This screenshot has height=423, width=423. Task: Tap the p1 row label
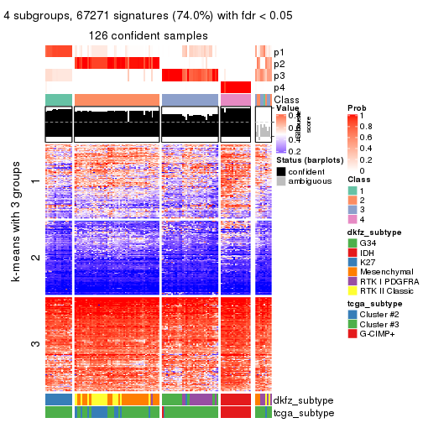(279, 52)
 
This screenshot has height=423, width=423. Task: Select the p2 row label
(279, 64)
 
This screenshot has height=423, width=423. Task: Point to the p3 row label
(279, 76)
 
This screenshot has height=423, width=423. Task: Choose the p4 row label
(279, 87)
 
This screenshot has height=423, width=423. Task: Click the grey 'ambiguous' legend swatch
(281, 180)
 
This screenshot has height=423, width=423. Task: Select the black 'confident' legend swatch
(281, 170)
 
